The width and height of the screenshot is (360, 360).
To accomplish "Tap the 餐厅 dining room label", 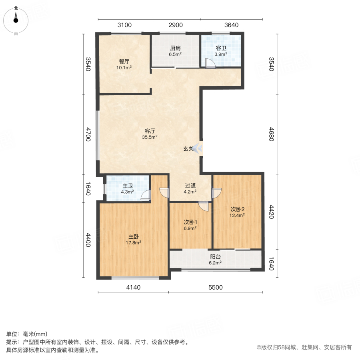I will click(124, 62).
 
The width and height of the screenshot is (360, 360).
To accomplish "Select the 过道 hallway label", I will click(190, 186).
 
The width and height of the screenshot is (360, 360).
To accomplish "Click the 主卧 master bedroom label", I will click(134, 236).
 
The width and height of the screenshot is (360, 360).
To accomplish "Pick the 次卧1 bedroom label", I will click(190, 222).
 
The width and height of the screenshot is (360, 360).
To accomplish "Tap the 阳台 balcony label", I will click(216, 257).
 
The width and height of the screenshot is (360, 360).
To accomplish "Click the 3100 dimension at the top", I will click(124, 25).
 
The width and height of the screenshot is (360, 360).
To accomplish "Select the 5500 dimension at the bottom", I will click(216, 287).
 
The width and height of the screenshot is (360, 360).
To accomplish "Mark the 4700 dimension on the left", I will click(88, 134).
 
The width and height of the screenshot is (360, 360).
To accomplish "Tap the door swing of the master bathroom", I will click(146, 195).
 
